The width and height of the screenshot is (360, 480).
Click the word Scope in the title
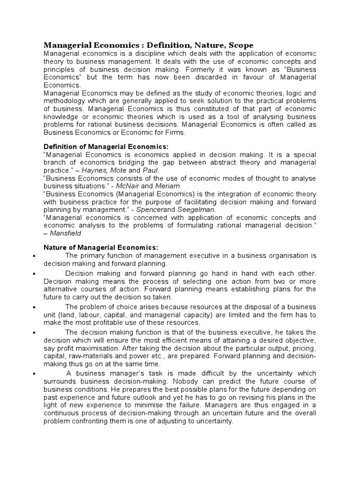(x=241, y=45)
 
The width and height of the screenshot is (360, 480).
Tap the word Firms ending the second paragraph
(x=174, y=132)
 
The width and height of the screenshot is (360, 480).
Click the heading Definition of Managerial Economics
(x=105, y=147)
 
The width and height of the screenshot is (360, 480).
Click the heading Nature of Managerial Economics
(x=101, y=247)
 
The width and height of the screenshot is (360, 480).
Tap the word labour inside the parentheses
(x=92, y=315)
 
